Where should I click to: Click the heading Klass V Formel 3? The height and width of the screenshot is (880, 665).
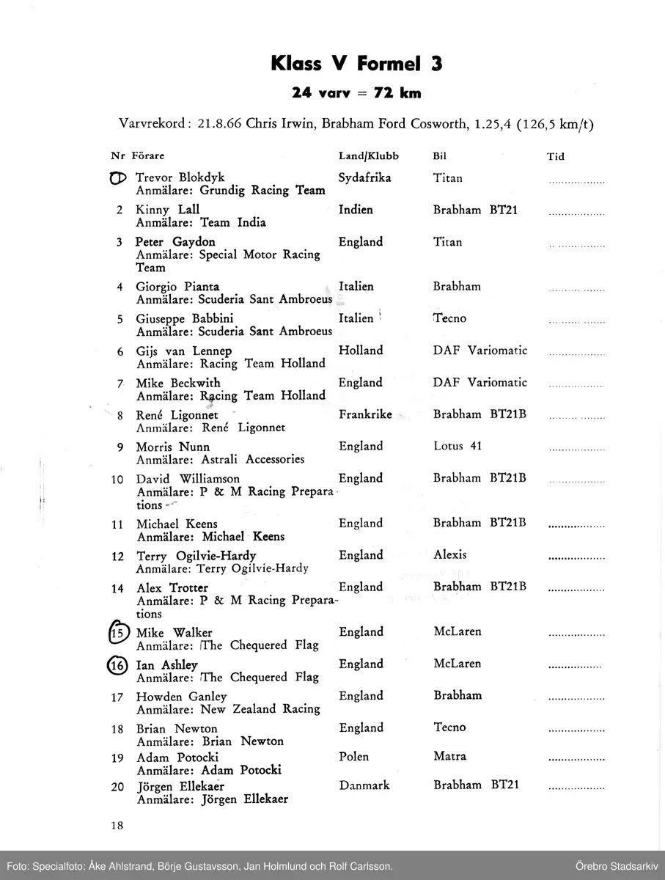[356, 64]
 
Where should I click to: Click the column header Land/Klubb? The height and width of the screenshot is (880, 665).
[368, 156]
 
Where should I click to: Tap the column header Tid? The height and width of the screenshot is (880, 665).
[555, 156]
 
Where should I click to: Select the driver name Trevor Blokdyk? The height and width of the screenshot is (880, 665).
[180, 177]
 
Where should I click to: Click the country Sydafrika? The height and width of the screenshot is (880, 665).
[364, 177]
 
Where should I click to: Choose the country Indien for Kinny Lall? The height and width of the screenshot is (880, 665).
[356, 210]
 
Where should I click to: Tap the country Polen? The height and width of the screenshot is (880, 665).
[354, 756]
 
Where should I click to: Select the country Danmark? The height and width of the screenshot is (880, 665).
[364, 785]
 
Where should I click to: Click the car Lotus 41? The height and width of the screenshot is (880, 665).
[458, 446]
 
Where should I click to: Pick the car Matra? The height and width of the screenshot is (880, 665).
[449, 756]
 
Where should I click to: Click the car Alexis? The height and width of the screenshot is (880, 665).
[450, 555]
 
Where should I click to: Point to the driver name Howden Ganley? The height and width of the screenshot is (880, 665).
[181, 696]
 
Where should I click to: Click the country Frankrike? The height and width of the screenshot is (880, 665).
[365, 414]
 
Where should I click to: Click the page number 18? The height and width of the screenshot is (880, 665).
[117, 825]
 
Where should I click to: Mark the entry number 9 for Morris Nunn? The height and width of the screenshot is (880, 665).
[119, 447]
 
